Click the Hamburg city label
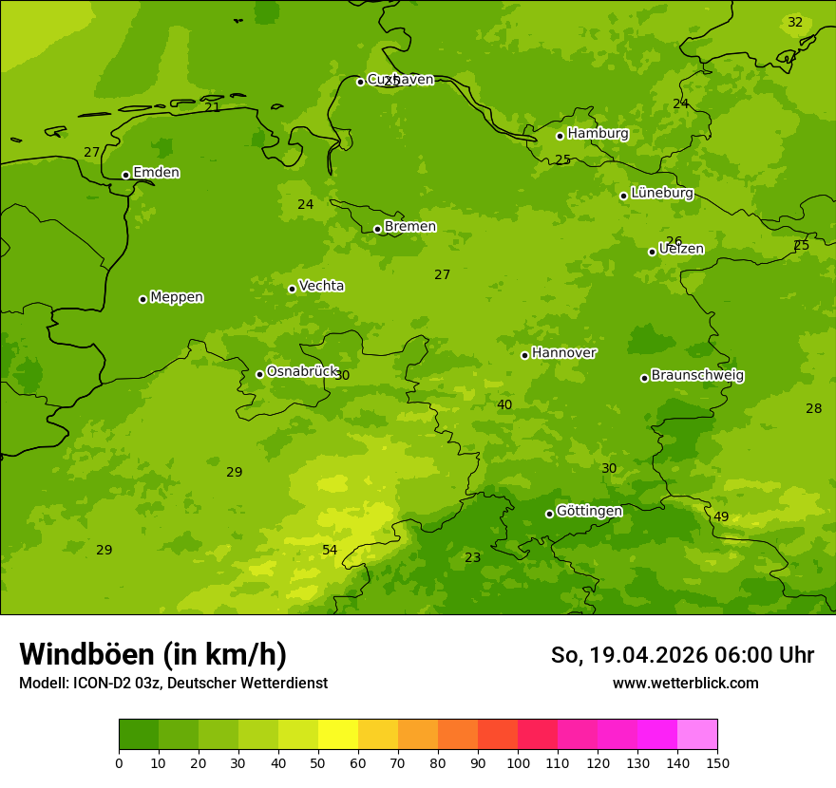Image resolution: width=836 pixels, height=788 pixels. click(598, 134)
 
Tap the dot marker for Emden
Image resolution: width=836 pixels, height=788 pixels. click(125, 175)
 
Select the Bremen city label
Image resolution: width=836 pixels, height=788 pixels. click(409, 227)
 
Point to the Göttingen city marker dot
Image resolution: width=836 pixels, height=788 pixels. click(549, 514)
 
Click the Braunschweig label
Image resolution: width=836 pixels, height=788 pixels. click(697, 376)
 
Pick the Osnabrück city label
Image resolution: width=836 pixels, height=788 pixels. click(302, 372)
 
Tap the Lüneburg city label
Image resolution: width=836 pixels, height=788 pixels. click(661, 193)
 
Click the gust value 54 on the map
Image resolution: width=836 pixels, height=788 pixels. click(330, 551)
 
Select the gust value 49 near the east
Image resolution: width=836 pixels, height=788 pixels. click(721, 517)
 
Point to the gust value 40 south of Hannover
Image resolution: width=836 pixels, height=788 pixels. click(504, 405)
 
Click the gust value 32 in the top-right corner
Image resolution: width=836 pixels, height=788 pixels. click(795, 23)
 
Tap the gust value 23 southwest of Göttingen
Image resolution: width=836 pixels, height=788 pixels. click(472, 558)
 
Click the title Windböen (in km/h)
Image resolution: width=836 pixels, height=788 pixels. click(153, 654)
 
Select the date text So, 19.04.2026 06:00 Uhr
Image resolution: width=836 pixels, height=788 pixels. click(682, 655)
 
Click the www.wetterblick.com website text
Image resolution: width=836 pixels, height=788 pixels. click(685, 684)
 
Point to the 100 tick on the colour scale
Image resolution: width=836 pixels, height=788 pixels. click(518, 762)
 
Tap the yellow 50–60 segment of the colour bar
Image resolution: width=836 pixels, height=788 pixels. click(338, 735)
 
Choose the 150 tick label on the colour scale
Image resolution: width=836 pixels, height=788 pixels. click(716, 762)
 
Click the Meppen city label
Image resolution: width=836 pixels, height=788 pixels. click(176, 297)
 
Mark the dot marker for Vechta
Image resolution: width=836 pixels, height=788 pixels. click(292, 289)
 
